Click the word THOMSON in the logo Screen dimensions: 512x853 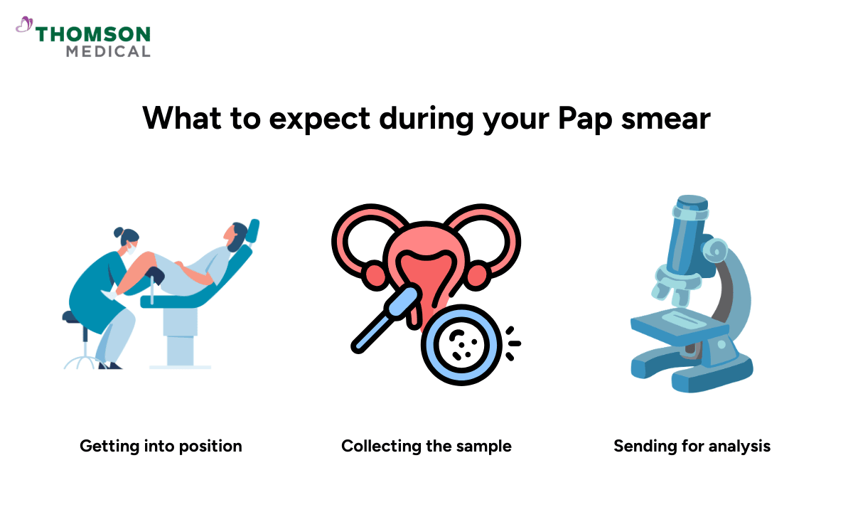93,34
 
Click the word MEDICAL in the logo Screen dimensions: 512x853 108,51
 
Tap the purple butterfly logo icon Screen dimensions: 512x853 24,26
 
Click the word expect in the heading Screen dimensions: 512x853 319,119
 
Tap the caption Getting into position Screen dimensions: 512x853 161,446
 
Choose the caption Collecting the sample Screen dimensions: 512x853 426,446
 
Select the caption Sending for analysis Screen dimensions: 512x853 692,446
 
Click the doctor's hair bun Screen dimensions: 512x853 118,233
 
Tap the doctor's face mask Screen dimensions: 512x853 132,249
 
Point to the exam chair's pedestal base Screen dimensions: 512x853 179,341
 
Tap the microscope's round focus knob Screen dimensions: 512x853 713,250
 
